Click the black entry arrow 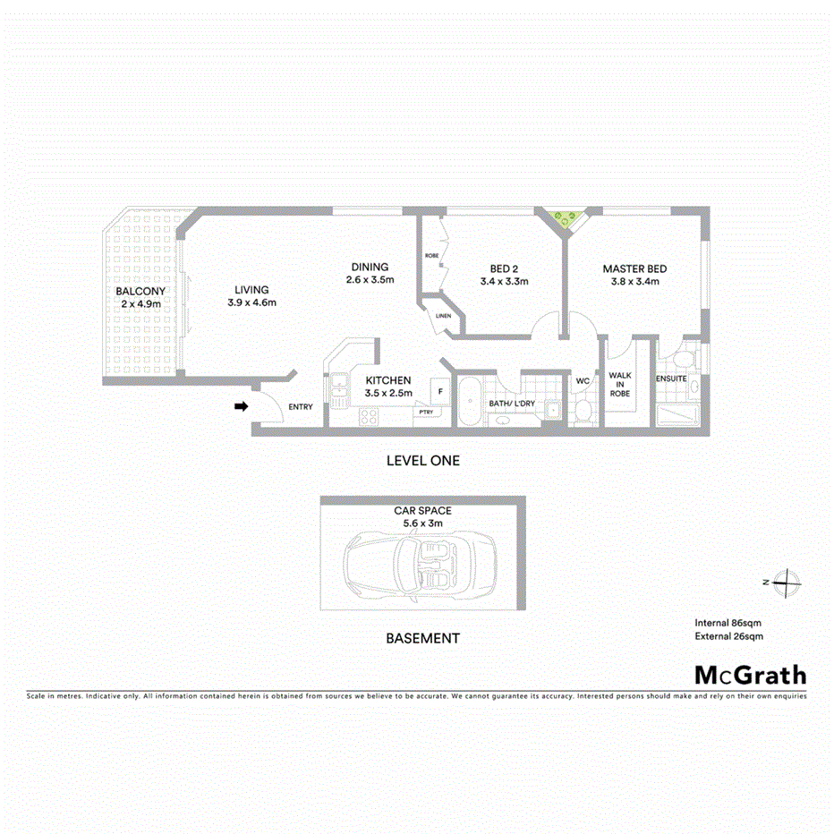point(241,407)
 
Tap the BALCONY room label point(140,292)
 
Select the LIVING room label point(251,289)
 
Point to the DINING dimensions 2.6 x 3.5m point(370,280)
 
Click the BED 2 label point(504,268)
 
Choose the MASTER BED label point(634,268)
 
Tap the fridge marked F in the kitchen point(440,390)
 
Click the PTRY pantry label point(424,412)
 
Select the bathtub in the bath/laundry point(469,402)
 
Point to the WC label point(583,381)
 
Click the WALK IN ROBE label point(619,385)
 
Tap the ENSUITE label point(671,379)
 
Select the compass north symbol point(785,582)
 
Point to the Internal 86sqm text point(728,622)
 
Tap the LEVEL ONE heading point(422,461)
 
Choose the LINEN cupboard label point(443,316)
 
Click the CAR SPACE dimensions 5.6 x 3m point(423,523)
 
